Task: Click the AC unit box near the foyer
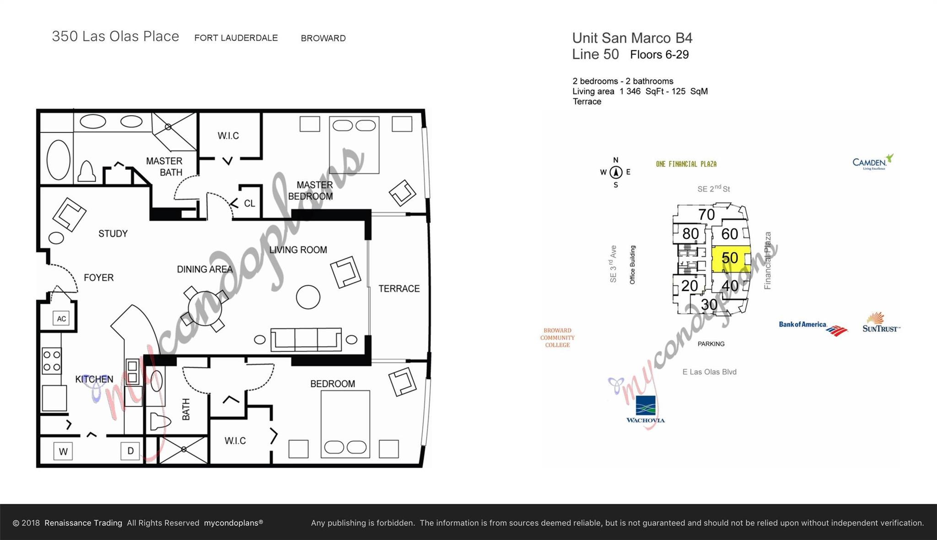click(x=61, y=319)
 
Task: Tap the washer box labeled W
click(x=63, y=451)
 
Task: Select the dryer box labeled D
click(x=130, y=451)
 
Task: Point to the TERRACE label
click(x=398, y=289)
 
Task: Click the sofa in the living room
click(x=306, y=339)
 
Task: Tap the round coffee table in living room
click(x=308, y=297)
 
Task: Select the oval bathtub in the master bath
click(x=59, y=160)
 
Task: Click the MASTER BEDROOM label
click(x=311, y=191)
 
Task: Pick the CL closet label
click(x=249, y=203)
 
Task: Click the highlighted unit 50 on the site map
click(x=730, y=258)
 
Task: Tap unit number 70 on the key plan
click(x=706, y=214)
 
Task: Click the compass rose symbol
click(x=616, y=172)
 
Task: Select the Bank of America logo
click(x=813, y=327)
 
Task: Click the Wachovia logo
click(x=646, y=410)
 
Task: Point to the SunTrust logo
click(x=880, y=323)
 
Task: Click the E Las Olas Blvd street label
click(x=709, y=372)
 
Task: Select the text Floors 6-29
click(x=659, y=55)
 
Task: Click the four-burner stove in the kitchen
click(x=51, y=361)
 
